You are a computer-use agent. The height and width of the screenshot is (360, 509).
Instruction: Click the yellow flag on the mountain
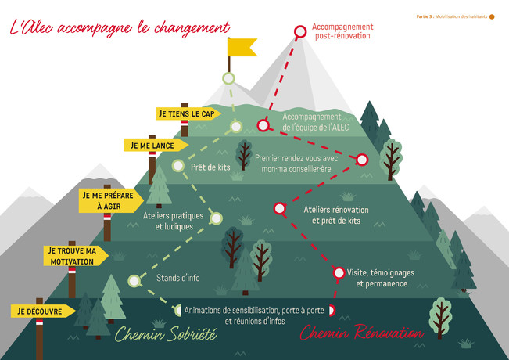point(242,47)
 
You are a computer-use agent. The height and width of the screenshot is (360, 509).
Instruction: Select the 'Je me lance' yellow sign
point(156,146)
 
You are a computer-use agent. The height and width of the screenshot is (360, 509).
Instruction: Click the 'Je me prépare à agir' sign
point(111,201)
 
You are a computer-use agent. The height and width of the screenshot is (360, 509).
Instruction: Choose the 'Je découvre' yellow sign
point(43,311)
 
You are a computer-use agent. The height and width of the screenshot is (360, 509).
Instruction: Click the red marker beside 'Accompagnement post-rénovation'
point(300,32)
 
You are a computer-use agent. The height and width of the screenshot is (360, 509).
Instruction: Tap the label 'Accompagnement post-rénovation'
point(342,31)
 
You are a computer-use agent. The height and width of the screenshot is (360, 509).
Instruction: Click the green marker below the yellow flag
point(228,78)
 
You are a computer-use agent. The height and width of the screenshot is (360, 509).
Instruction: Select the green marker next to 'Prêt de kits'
point(178,166)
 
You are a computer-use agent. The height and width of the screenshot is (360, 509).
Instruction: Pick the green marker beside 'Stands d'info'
point(134,281)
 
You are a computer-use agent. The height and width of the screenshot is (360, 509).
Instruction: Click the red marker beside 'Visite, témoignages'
point(339,273)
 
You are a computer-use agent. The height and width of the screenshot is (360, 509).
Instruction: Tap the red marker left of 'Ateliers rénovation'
point(279,209)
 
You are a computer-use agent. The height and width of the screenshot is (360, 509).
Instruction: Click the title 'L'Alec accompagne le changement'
point(120,27)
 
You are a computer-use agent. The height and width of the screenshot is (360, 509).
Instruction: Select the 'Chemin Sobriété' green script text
point(166,333)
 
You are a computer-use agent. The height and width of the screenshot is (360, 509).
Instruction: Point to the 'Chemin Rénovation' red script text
point(362,332)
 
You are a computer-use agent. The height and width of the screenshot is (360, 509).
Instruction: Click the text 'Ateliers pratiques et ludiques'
point(174,221)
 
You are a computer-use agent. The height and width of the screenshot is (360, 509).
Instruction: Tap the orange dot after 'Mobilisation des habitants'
point(492,17)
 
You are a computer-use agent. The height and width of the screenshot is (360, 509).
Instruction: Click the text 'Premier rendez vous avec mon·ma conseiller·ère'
point(296,164)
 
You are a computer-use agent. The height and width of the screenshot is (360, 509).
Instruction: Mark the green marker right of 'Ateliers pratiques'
point(217,218)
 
